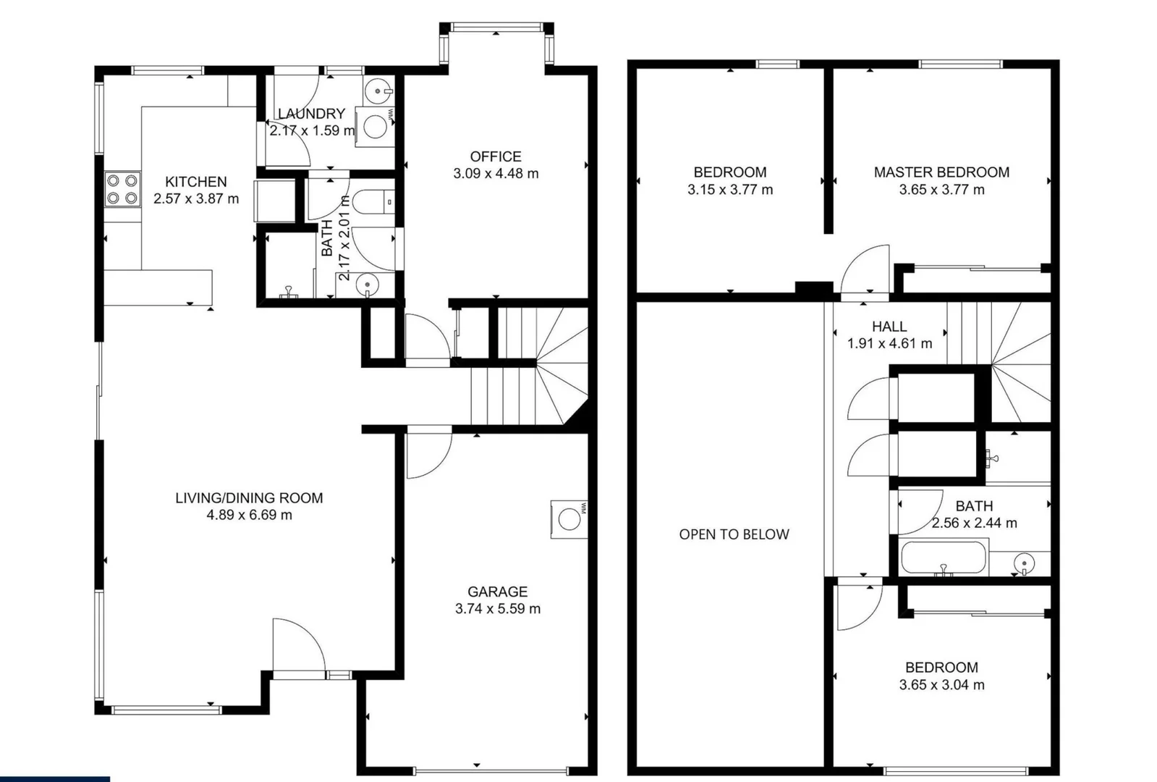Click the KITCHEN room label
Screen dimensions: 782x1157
195,182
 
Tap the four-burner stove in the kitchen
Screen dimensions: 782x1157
122,189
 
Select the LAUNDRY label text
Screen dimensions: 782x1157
311,114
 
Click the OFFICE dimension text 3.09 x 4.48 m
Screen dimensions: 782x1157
496,174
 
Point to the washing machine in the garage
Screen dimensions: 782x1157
569,519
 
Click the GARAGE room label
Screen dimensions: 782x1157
497,592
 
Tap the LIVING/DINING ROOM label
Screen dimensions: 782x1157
249,497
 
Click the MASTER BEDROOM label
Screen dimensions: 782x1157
941,172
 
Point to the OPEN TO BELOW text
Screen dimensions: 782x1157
734,534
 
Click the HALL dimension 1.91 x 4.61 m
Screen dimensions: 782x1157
889,343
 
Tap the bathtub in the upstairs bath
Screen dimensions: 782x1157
944,559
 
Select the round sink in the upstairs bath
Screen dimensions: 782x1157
1024,563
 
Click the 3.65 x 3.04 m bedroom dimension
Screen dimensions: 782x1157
941,685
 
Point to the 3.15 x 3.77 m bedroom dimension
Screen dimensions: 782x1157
729,190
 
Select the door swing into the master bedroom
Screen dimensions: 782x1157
865,271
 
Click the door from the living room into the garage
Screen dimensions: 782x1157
428,455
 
